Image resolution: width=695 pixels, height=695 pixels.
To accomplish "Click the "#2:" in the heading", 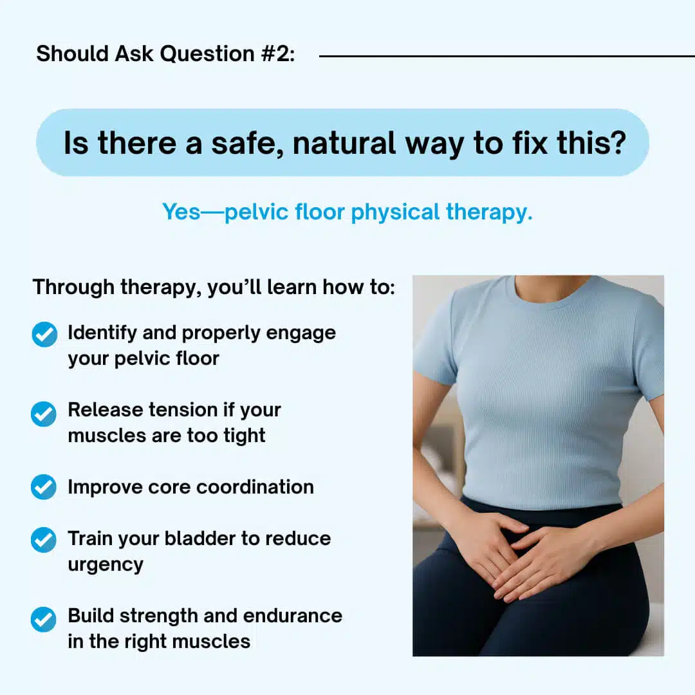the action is click(x=278, y=54).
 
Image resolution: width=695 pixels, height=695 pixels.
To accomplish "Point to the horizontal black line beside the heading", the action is click(x=506, y=56).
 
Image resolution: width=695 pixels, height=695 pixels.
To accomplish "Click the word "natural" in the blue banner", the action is click(x=344, y=143).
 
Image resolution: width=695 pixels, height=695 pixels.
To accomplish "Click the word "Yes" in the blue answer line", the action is click(x=181, y=212).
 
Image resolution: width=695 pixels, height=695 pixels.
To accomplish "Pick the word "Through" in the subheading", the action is click(x=73, y=288).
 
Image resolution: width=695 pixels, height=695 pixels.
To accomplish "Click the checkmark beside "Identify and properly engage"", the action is click(x=44, y=334).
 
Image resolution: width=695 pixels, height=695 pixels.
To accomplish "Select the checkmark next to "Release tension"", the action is click(x=44, y=414).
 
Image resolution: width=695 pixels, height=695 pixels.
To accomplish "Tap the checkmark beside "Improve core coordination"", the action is click(x=44, y=486).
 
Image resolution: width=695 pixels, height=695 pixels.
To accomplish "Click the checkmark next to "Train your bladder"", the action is click(x=44, y=540).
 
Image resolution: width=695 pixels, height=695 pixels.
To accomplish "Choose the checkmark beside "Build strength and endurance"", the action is click(x=44, y=619).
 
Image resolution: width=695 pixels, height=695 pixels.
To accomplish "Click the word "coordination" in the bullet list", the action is click(x=255, y=487).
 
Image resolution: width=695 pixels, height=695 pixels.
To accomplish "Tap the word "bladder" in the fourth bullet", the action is click(x=200, y=539).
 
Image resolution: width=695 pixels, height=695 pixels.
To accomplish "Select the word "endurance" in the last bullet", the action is click(x=293, y=616).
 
